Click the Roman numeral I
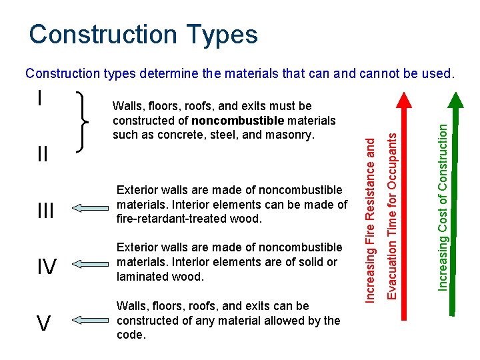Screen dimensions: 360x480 click(41, 98)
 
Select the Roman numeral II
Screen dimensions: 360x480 click(42, 155)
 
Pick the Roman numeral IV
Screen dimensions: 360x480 click(46, 267)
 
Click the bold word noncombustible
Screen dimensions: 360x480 click(237, 121)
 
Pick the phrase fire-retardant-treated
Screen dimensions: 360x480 click(171, 219)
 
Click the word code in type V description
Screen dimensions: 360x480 click(129, 335)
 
